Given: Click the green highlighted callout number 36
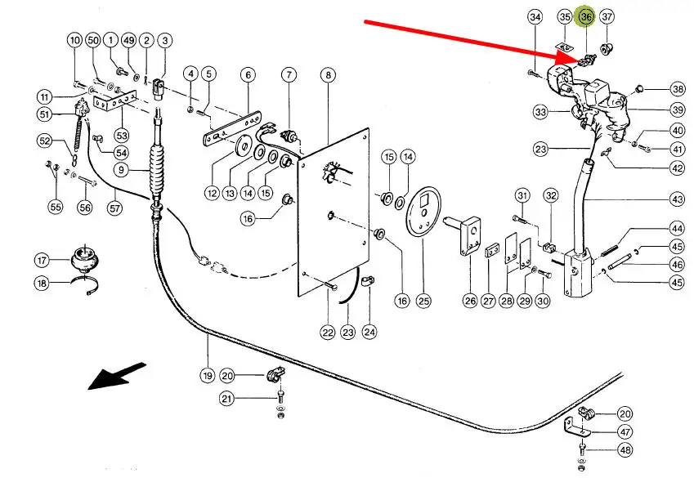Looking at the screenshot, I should (585, 16).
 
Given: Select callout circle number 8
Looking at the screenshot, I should (328, 75).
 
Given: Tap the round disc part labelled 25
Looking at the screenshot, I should (423, 214).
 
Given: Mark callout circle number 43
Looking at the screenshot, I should (678, 199).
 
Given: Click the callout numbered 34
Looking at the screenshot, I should (535, 16).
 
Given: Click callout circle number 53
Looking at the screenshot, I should (122, 133).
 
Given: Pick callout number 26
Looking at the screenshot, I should (470, 301).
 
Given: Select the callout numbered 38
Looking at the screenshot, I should (678, 89).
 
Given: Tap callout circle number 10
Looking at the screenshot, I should (74, 39).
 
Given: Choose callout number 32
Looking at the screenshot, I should (550, 195).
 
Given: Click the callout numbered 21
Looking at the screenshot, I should (226, 398).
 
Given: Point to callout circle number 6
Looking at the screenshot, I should (247, 75).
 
